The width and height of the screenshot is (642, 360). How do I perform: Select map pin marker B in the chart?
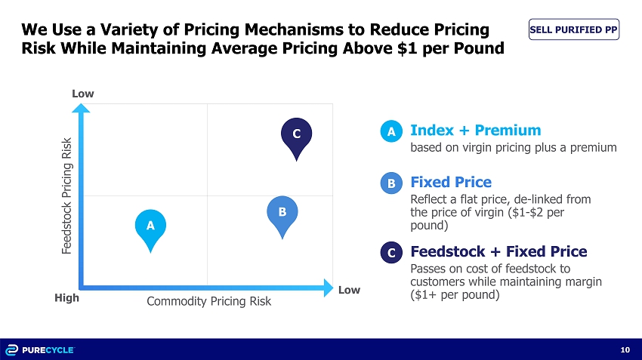click(x=282, y=215)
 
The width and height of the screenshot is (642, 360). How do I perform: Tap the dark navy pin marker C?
click(x=296, y=136)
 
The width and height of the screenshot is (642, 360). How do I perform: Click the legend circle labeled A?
click(x=391, y=132)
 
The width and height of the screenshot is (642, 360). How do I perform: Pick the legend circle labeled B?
click(x=391, y=183)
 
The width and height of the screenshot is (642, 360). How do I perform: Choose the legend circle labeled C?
click(x=391, y=254)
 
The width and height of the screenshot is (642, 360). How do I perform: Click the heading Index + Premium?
click(x=475, y=131)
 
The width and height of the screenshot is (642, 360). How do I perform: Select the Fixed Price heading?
click(x=450, y=182)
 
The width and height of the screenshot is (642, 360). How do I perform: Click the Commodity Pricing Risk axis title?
click(x=208, y=301)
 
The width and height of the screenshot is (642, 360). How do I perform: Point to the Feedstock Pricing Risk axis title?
click(x=67, y=195)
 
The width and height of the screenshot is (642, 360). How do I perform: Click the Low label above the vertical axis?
click(x=82, y=94)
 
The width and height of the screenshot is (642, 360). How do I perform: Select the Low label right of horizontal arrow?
click(x=349, y=290)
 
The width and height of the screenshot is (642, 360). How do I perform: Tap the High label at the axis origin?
click(x=66, y=298)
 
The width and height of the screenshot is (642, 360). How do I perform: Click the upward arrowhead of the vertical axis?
click(x=82, y=109)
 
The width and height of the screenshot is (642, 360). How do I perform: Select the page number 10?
click(x=625, y=349)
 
